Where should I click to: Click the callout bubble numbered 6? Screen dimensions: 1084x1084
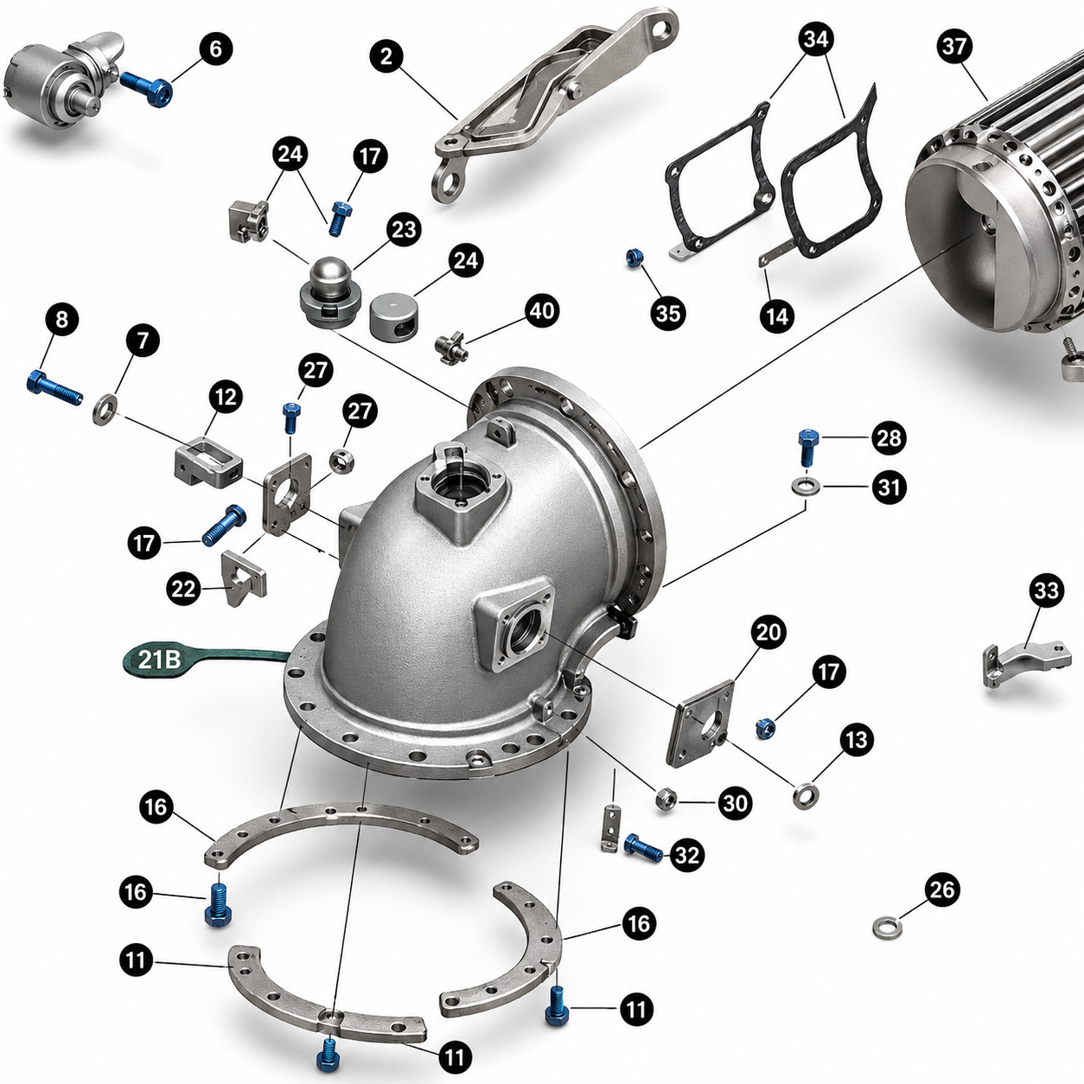(215, 49)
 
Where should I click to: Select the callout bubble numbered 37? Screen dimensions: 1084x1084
(954, 46)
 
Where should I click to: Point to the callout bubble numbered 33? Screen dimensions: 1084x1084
(1046, 591)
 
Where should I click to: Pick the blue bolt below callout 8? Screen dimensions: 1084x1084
(54, 387)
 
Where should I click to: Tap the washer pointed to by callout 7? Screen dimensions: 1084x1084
(105, 410)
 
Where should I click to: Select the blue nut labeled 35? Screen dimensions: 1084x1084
(634, 258)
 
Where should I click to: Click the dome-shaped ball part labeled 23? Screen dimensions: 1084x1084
(329, 301)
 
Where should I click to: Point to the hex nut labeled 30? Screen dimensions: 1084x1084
(666, 798)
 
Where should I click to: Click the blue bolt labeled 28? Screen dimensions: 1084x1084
(807, 446)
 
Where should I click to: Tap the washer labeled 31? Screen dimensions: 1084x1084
(806, 485)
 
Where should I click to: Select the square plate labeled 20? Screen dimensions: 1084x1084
(699, 724)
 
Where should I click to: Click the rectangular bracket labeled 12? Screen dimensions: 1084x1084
(209, 465)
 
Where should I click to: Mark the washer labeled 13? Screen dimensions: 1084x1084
(806, 795)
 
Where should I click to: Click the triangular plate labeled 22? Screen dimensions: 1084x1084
(244, 578)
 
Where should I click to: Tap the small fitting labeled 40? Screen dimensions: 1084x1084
(451, 348)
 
